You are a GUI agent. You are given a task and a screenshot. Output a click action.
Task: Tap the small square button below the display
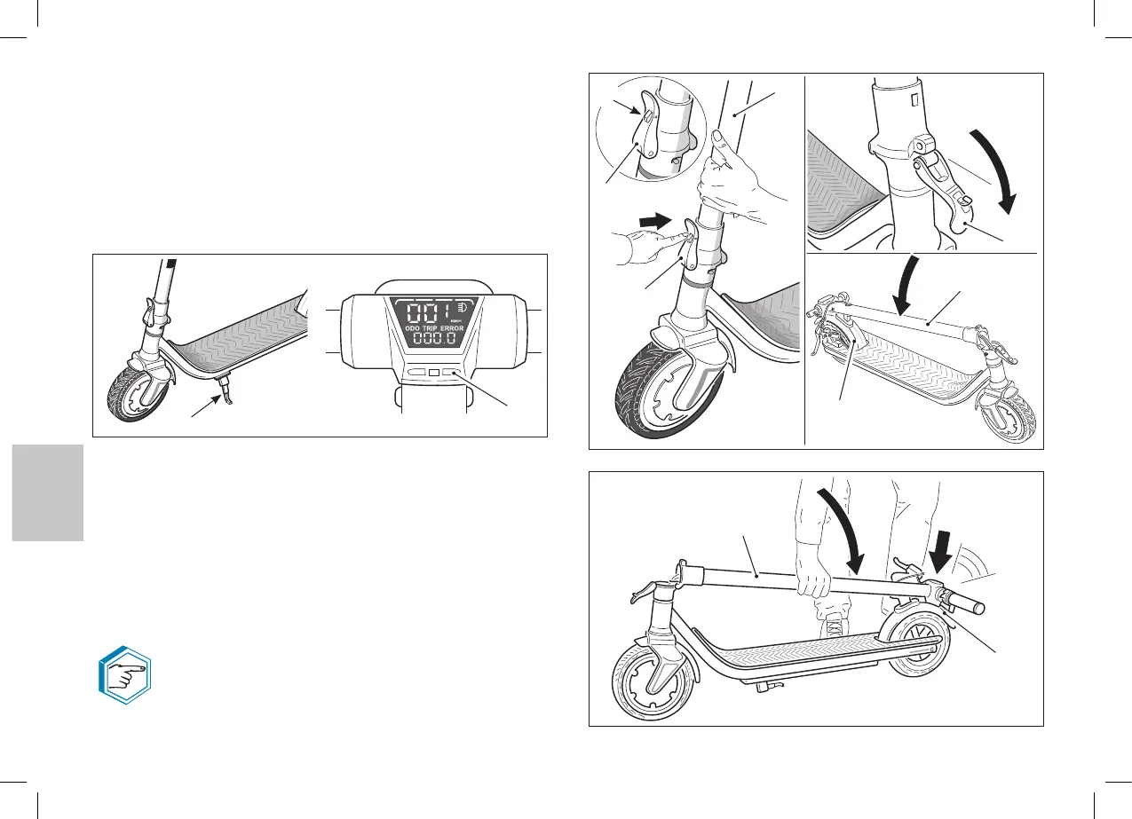[433, 374]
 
